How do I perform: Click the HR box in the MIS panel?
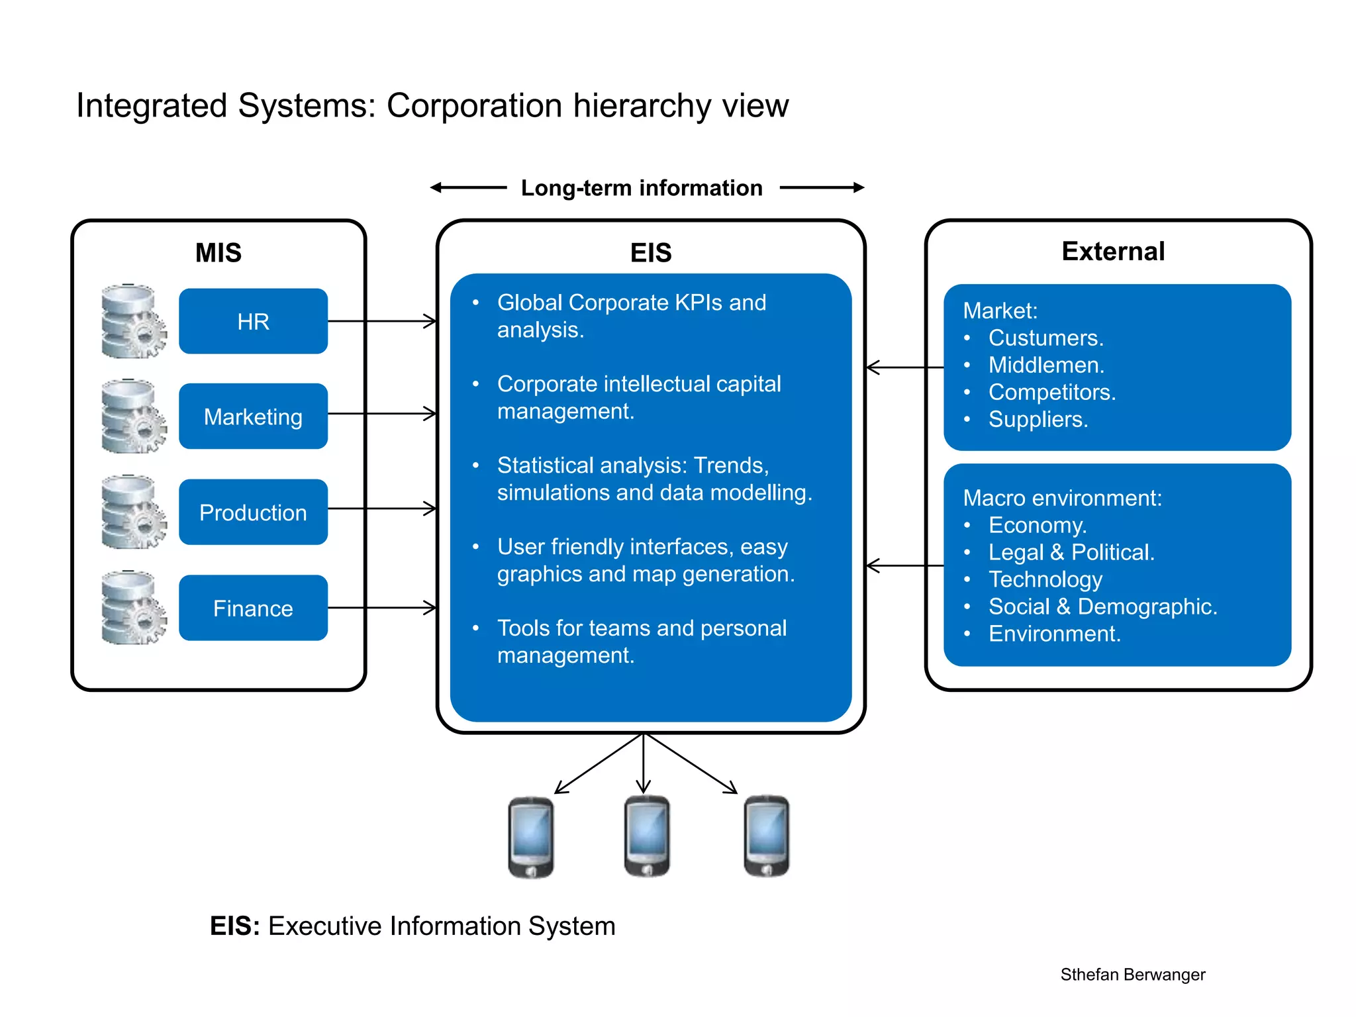(253, 321)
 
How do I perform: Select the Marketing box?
(253, 416)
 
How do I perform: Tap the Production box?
(253, 512)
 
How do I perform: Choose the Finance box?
(253, 608)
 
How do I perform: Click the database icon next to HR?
(133, 321)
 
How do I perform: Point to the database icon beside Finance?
(133, 608)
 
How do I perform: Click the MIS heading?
(218, 253)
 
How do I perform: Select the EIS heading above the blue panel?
(651, 253)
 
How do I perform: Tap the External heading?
(1113, 252)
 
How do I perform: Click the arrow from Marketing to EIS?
(382, 414)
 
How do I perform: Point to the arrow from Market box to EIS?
(904, 367)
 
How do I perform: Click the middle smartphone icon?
(647, 837)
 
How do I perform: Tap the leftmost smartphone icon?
(531, 838)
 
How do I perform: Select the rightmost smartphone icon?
(766, 837)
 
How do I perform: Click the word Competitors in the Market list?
(1051, 392)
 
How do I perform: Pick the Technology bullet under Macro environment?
(1045, 579)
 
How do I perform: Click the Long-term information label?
(642, 188)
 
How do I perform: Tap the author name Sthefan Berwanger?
(1132, 975)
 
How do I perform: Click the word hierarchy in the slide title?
(642, 106)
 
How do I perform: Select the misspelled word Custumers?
(1045, 338)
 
